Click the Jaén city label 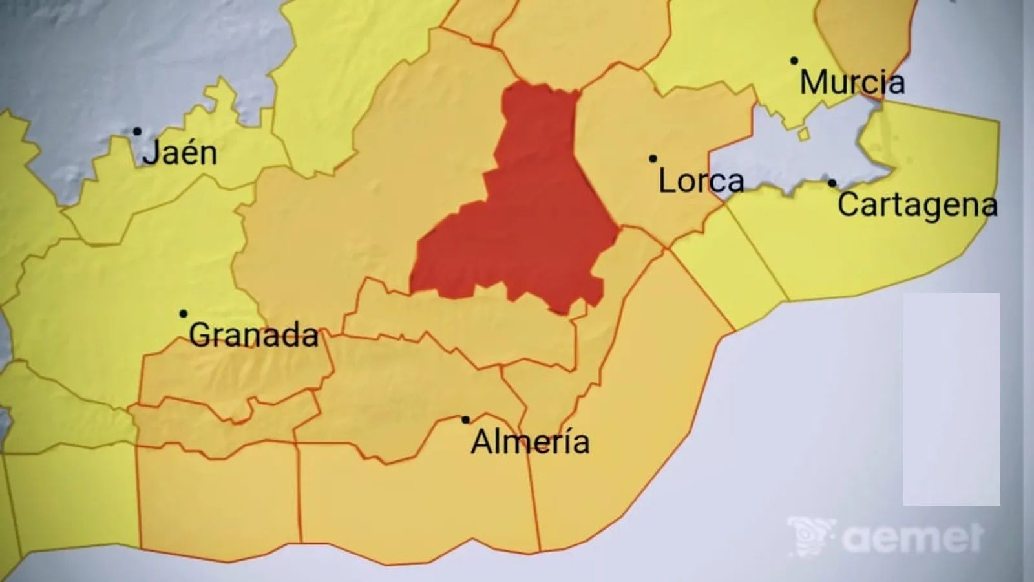tap(180, 153)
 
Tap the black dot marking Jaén tap(137, 131)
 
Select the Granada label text tap(253, 335)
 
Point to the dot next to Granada tap(184, 314)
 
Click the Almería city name tap(530, 442)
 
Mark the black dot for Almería tap(465, 420)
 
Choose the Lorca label tap(701, 180)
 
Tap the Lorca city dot tap(653, 158)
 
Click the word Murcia tap(852, 83)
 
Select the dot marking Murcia tap(794, 61)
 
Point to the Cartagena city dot tap(832, 183)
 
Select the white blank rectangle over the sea tap(951, 398)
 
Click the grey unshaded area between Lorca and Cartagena tap(795, 155)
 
